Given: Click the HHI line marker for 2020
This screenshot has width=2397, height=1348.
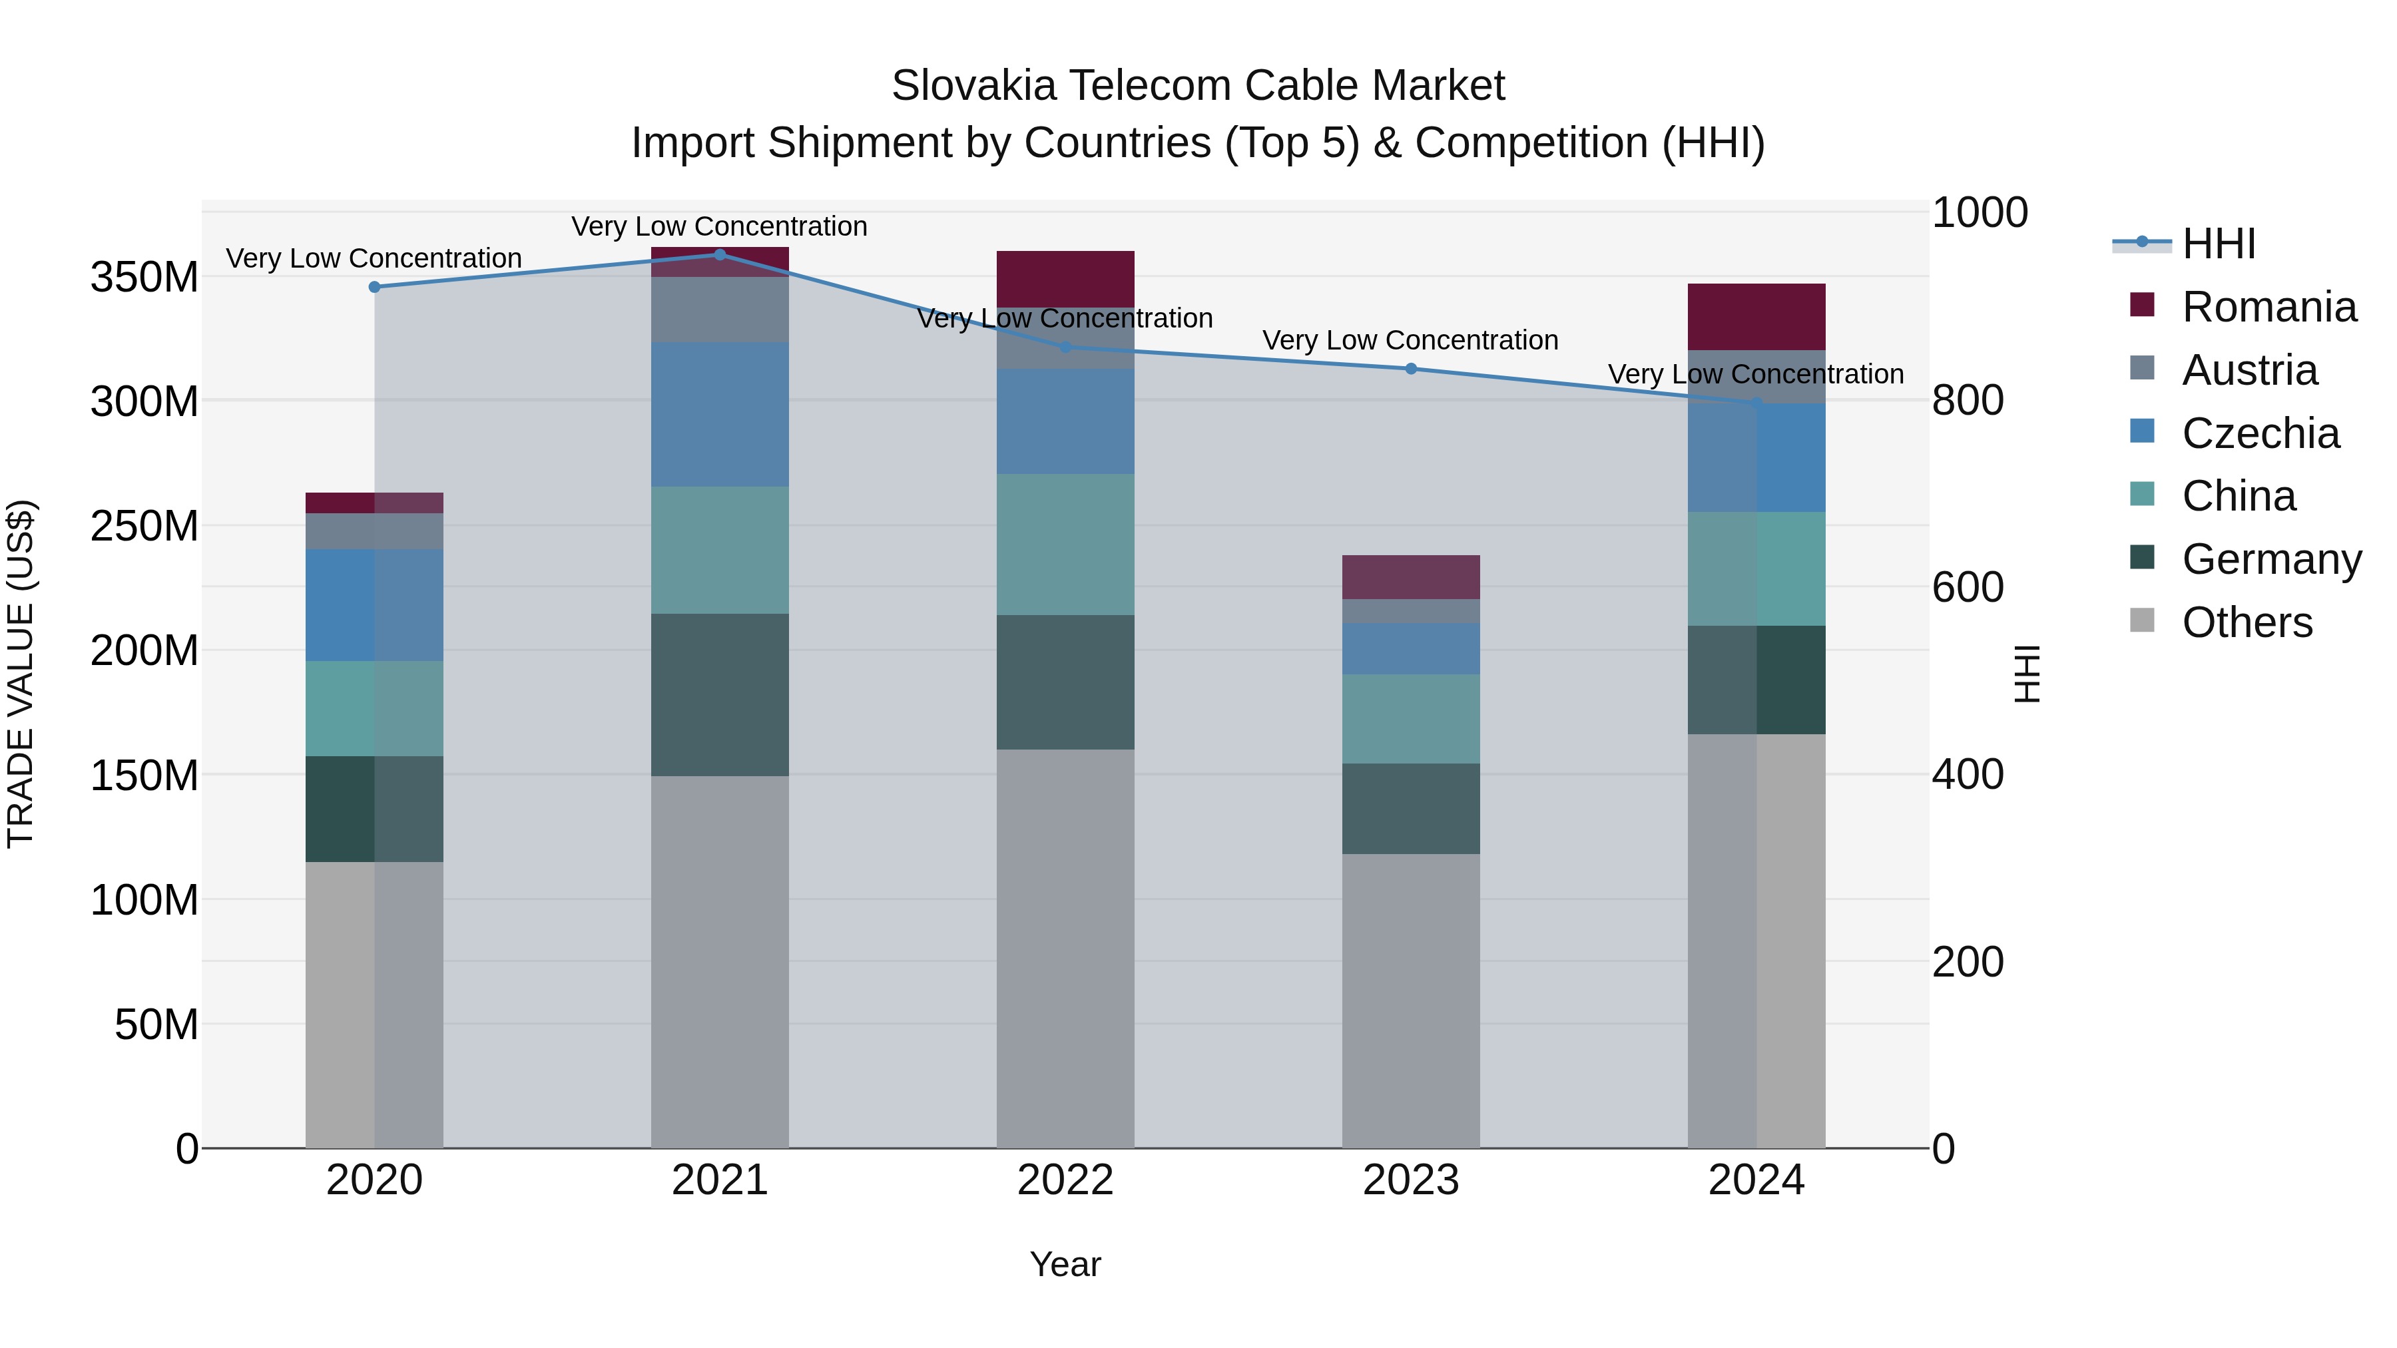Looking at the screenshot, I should pos(374,286).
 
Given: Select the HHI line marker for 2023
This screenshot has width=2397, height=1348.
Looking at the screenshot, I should pos(1411,368).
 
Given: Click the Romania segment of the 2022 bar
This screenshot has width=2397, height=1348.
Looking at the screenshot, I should pos(1065,278).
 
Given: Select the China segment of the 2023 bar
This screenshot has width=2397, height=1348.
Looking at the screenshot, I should pos(1411,718).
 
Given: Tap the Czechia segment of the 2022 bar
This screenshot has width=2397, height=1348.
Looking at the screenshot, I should pos(1065,421).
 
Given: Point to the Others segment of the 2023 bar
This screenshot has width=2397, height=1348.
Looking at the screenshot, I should pos(1411,1000).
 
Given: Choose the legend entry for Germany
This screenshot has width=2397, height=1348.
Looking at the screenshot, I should pos(2270,559).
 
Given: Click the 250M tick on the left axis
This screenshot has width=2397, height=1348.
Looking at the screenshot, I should pos(144,527).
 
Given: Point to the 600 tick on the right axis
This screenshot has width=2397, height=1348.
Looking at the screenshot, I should pos(1967,587).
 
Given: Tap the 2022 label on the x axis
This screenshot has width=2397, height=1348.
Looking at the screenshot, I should pos(1065,1180).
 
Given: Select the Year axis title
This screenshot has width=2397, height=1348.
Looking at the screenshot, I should pos(1065,1264).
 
